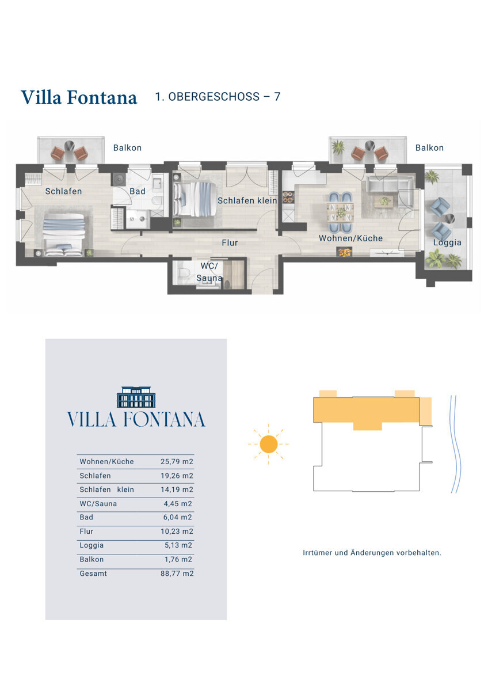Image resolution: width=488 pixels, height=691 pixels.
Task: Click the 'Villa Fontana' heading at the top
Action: (x=79, y=97)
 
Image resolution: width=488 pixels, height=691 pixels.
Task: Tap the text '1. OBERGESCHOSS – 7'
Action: (x=218, y=97)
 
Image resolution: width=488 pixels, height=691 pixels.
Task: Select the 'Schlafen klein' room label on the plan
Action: (x=247, y=200)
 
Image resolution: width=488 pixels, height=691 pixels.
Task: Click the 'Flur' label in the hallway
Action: (x=230, y=243)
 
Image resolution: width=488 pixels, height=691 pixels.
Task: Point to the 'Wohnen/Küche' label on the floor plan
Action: (x=350, y=238)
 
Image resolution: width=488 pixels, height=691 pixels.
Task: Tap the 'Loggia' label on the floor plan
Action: (x=447, y=242)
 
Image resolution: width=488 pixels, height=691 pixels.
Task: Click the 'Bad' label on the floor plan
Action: (x=138, y=191)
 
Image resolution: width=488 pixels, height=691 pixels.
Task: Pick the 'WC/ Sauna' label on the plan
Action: (x=209, y=272)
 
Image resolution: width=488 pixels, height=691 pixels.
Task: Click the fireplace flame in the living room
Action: (x=344, y=252)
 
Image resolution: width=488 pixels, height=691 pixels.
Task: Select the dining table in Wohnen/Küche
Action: (x=341, y=212)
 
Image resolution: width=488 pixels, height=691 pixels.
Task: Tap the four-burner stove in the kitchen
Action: (x=288, y=198)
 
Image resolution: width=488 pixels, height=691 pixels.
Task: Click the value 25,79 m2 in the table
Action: (x=177, y=461)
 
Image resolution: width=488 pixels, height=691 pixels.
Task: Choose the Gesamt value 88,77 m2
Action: (x=177, y=574)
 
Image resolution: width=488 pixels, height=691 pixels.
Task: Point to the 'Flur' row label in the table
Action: (x=86, y=531)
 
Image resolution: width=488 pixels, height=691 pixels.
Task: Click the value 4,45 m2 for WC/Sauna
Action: (x=178, y=503)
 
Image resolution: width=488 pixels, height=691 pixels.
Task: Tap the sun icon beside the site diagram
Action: (x=269, y=444)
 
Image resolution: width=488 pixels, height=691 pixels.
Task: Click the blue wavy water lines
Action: (x=456, y=444)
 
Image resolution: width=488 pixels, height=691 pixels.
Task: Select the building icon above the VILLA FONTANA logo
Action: (x=136, y=397)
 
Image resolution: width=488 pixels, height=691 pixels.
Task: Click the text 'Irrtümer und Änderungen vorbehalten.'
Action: (x=372, y=553)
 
